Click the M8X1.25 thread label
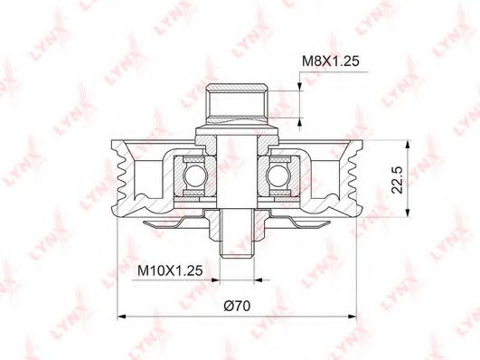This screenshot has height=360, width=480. coord(330,62)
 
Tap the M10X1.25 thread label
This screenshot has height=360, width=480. coord(170,270)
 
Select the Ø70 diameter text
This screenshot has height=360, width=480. coord(237,306)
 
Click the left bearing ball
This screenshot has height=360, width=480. coord(193,175)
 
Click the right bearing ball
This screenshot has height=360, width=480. coord(277,175)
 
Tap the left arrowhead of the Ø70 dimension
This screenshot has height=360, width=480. coord(122,317)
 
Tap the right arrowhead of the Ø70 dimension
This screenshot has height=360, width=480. coord(352,317)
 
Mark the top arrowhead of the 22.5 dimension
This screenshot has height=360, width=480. coord(408,145)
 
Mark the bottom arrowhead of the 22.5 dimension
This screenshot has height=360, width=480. coord(408,213)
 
